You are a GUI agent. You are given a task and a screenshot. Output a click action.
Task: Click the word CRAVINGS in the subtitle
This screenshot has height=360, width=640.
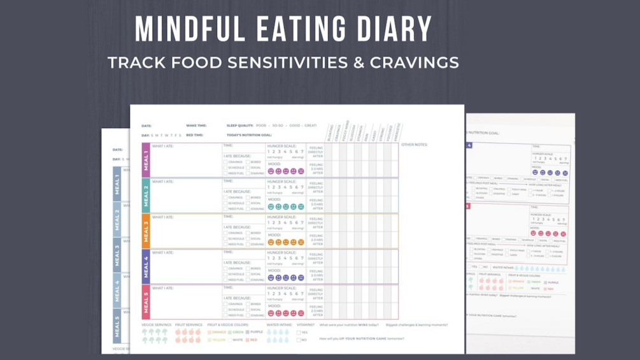415,62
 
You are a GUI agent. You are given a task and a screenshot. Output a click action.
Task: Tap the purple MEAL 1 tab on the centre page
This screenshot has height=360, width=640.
146,160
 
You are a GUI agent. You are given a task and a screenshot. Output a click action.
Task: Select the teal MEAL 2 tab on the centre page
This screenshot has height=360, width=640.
146,195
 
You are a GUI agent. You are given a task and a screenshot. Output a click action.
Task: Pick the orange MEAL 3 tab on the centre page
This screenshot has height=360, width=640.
146,231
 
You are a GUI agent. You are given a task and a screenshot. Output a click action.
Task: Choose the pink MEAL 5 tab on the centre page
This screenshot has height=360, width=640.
146,301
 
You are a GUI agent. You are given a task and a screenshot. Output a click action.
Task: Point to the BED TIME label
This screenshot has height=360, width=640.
195,135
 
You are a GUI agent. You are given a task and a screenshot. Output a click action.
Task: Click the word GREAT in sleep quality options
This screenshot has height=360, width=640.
310,126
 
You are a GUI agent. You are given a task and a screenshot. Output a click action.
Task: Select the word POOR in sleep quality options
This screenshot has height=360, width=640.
261,126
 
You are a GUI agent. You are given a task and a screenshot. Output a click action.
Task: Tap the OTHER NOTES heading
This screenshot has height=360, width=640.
415,145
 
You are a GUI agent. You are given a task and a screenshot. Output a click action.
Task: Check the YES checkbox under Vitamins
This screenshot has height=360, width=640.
299,333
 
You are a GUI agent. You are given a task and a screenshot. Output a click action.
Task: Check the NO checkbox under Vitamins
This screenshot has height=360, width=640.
299,340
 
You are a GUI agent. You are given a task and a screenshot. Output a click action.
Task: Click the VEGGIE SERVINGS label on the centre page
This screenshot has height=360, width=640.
156,325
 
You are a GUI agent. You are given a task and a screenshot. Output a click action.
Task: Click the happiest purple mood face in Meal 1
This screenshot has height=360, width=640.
271,171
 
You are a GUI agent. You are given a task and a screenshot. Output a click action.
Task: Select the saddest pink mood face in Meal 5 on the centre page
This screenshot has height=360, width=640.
301,313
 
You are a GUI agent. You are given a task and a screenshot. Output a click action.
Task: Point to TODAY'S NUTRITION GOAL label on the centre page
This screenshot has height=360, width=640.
248,135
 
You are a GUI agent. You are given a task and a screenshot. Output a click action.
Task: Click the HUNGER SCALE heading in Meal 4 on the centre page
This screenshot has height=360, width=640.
281,252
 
